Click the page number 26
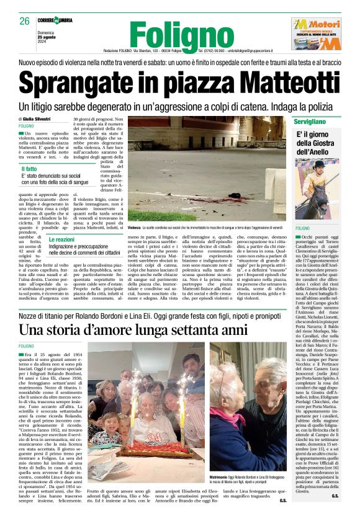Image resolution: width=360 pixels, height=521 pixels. coord(25,21)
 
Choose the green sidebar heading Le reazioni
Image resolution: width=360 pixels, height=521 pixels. coord(62,239)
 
